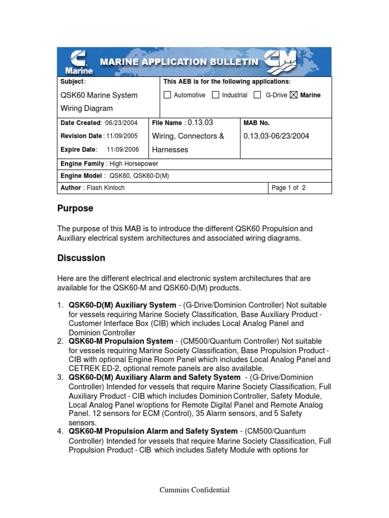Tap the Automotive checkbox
(168, 95)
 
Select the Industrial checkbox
(216, 95)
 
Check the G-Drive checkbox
(257, 95)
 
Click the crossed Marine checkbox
(294, 95)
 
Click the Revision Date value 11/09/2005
(124, 136)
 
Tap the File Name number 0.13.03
(200, 122)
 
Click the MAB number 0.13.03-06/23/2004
(276, 136)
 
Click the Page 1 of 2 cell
(289, 188)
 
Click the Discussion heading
(81, 258)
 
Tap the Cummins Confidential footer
(194, 490)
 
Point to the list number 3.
(60, 377)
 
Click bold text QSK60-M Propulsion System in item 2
(121, 341)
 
